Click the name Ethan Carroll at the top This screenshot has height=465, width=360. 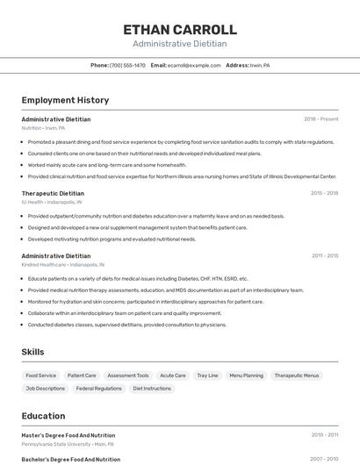180,30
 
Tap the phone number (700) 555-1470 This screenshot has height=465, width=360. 127,65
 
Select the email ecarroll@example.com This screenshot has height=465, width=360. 194,65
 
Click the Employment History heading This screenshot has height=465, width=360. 65,100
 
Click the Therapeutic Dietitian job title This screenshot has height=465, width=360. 53,193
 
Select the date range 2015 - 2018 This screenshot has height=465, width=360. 324,193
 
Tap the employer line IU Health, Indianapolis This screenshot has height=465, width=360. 52,202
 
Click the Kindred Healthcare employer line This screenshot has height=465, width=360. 62,264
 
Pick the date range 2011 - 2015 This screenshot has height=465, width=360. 324,255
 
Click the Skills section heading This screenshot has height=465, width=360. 33,352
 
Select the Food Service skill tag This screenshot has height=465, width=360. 41,376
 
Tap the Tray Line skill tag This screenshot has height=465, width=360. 207,376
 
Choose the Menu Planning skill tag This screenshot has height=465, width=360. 246,376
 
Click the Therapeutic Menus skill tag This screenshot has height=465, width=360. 297,376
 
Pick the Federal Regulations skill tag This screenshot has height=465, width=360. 99,388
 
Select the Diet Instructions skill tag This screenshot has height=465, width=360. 151,388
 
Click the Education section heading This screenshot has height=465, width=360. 43,416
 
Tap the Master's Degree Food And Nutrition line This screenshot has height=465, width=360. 68,435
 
